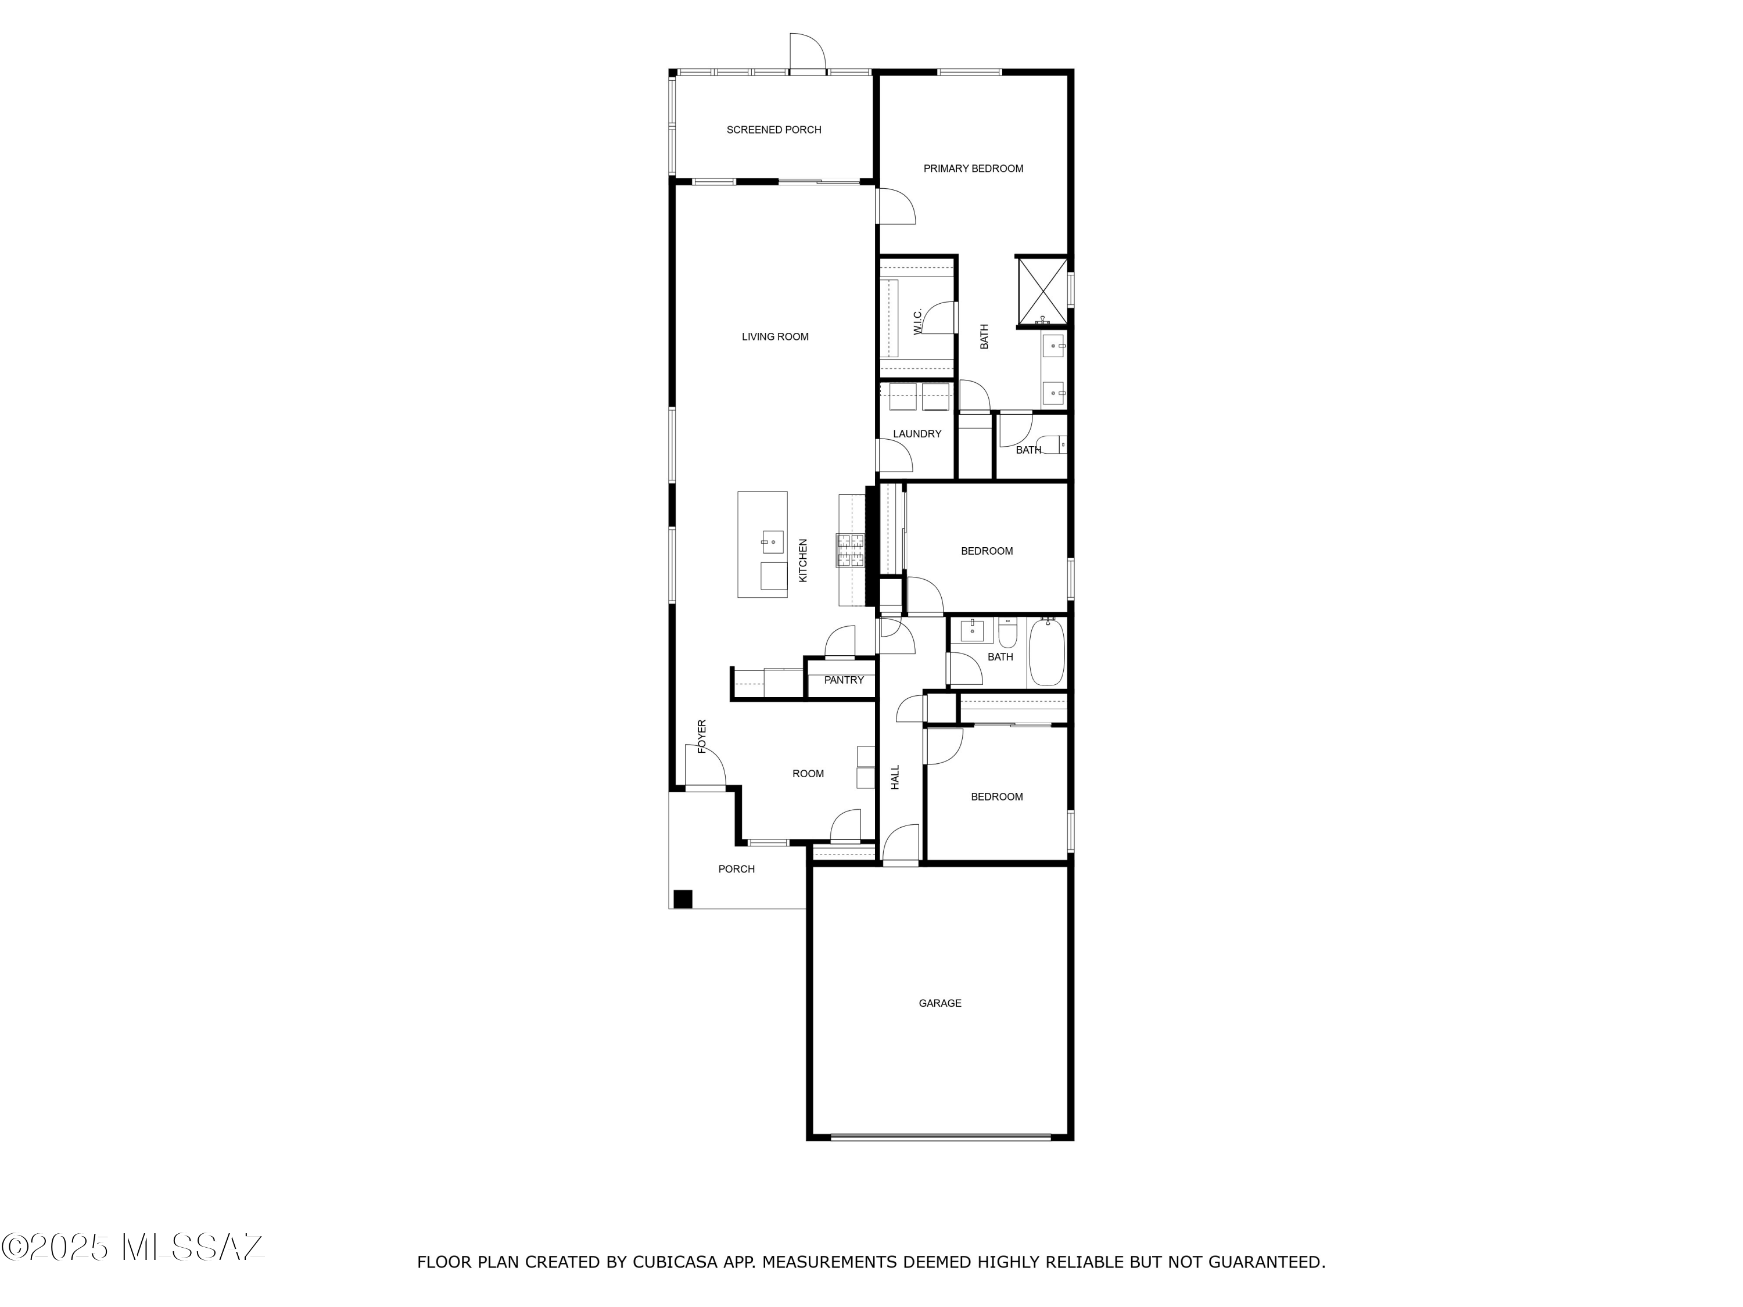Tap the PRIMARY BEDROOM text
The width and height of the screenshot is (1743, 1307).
[973, 168]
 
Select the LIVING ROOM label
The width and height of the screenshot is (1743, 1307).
[774, 337]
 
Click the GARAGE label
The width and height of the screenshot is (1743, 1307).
[939, 1003]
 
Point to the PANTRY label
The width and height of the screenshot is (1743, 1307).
[843, 680]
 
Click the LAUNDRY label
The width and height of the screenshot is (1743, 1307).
[916, 434]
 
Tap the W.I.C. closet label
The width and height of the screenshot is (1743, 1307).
[918, 321]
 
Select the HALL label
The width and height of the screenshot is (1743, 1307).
[895, 778]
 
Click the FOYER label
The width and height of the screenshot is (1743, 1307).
[702, 736]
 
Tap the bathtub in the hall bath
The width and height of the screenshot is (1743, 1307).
[1046, 652]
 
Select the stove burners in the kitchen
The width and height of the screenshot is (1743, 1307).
[850, 550]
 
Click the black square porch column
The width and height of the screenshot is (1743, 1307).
[683, 899]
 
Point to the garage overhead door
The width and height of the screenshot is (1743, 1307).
[940, 1137]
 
